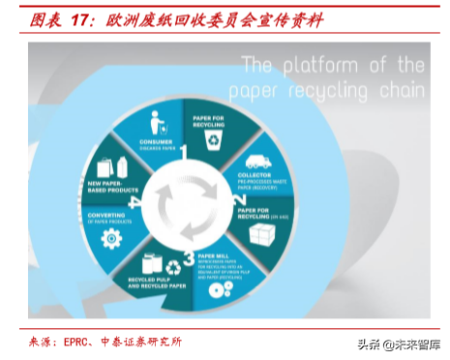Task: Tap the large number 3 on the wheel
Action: pos(174,255)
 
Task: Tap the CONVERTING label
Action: pos(105,215)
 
